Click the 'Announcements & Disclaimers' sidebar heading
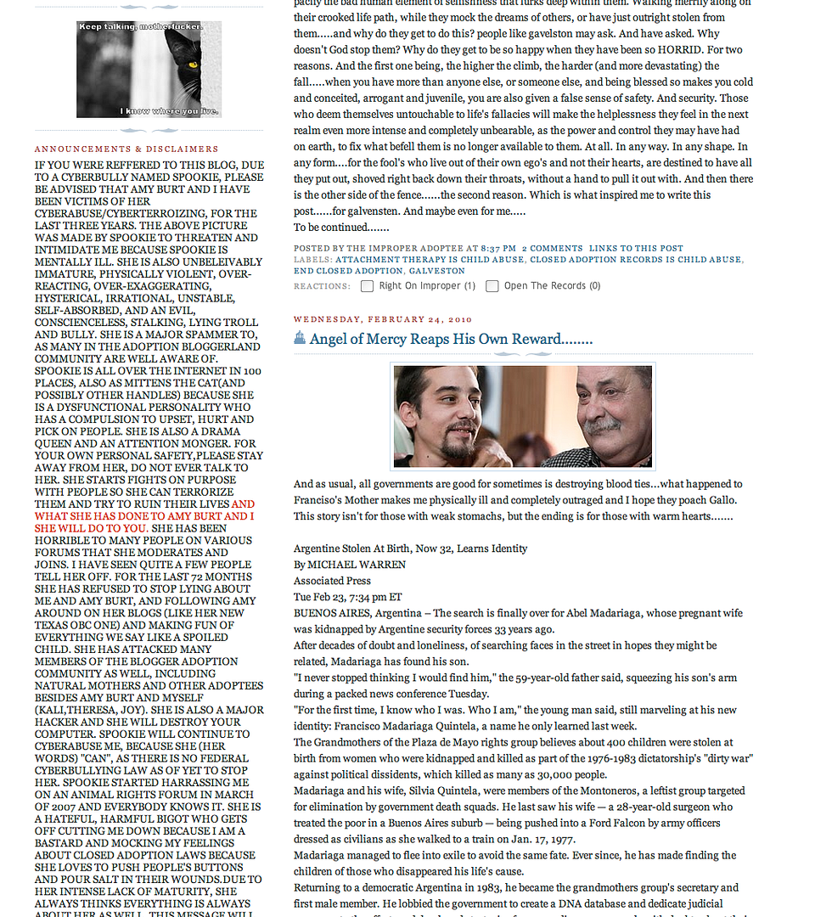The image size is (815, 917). pos(126,149)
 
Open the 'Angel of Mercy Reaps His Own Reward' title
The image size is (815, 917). pos(451,340)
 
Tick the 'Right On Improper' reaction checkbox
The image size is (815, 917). pos(367,286)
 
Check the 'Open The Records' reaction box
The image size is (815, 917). pos(492,286)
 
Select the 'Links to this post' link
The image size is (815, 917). pos(636,248)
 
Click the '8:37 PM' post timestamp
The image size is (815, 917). pos(498,248)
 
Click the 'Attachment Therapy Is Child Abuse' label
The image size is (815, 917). pos(429,260)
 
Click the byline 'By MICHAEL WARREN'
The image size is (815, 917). pos(350,565)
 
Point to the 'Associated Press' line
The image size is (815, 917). pos(332,581)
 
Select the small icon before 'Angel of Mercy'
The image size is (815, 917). pos(300,339)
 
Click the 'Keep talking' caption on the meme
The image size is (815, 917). pos(141,27)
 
